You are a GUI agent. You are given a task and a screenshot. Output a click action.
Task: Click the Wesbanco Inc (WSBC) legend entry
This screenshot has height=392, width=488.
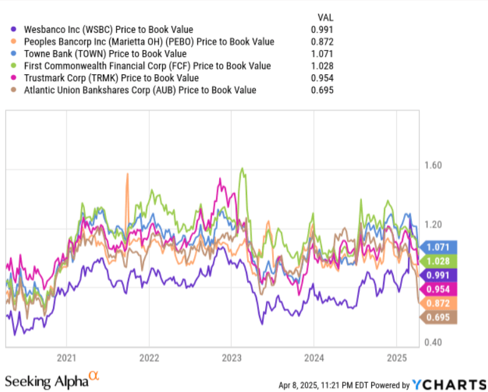(108, 29)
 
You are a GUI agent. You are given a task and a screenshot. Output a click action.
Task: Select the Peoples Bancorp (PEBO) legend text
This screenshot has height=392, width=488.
(149, 42)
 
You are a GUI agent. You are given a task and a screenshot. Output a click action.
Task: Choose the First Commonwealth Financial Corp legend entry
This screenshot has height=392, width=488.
(147, 66)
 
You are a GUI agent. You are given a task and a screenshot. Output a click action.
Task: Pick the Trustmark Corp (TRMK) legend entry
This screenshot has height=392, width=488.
(111, 78)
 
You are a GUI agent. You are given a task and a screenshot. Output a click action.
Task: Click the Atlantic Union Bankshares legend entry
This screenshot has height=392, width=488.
(140, 90)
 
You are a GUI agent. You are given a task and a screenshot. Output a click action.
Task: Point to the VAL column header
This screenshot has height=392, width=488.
(325, 17)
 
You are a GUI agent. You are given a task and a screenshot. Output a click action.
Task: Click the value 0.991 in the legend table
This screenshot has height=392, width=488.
(322, 29)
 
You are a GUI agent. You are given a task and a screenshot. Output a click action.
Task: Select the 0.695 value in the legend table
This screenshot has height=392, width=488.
(322, 90)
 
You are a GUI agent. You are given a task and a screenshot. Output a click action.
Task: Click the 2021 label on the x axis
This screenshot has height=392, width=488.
(67, 358)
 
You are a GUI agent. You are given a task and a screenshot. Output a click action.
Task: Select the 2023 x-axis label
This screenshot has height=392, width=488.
(232, 358)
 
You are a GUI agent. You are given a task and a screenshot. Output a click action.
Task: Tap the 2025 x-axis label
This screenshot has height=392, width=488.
(396, 358)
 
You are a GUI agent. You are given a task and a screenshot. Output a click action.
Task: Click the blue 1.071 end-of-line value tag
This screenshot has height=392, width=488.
(440, 247)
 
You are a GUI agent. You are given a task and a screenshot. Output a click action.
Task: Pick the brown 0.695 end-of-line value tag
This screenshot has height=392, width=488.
(440, 318)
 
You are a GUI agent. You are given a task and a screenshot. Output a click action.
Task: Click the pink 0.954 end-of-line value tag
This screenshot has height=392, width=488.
(440, 289)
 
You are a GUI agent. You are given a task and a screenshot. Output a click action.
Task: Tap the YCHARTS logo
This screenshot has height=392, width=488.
(449, 384)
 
